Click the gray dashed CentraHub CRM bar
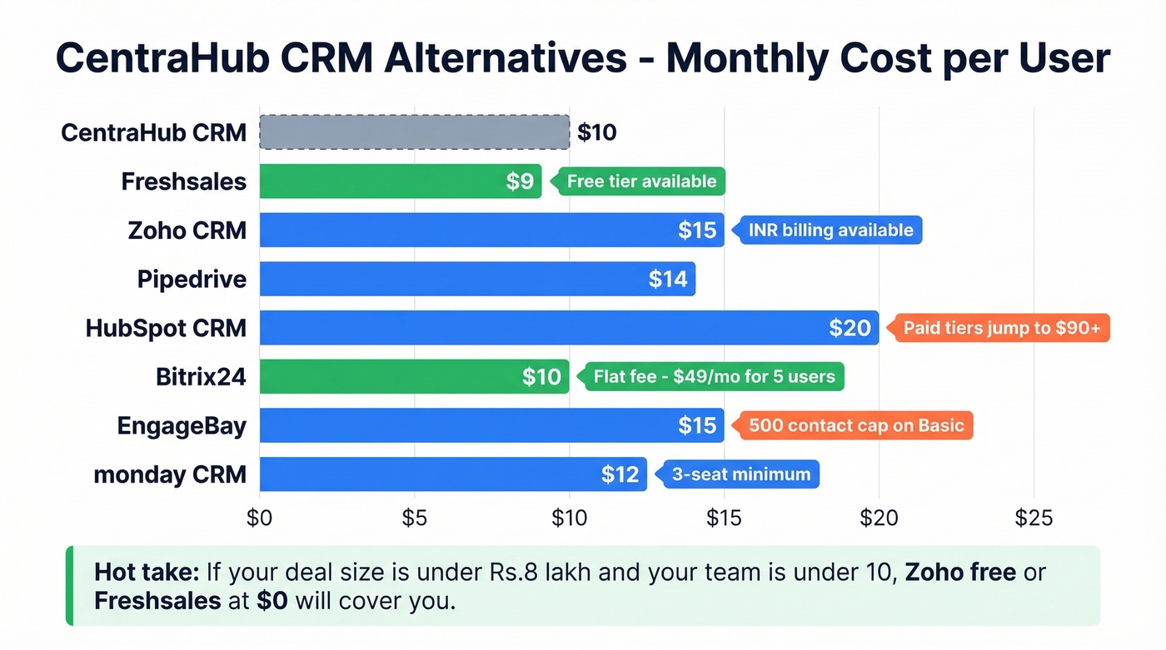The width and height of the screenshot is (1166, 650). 414,132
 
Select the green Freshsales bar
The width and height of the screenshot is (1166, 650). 400,181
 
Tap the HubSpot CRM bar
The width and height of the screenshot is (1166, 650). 569,328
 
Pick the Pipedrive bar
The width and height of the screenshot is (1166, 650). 476,279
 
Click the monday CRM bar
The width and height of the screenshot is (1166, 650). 452,474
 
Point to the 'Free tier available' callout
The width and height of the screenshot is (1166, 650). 641,181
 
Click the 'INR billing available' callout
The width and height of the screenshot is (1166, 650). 830,230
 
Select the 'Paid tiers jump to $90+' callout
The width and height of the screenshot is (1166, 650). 1001,328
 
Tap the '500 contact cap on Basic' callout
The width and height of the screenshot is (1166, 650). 855,425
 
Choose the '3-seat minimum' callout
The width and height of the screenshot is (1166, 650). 741,474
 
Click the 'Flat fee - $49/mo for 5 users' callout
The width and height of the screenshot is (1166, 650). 714,376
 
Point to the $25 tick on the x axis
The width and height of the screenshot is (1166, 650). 1034,519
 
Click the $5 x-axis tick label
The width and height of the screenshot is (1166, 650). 414,519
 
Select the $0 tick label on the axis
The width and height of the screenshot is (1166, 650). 260,519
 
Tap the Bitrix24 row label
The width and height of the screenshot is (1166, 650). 201,376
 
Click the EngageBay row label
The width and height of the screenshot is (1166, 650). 182,425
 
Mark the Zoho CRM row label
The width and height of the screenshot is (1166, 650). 187,230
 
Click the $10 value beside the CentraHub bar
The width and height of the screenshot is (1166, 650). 597,132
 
